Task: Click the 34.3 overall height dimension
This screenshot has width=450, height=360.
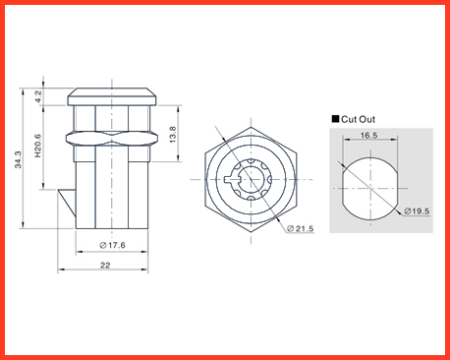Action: click(18, 159)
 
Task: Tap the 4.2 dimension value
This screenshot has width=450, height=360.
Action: click(38, 96)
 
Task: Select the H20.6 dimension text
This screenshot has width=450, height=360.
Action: click(38, 146)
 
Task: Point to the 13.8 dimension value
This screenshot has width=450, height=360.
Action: click(173, 135)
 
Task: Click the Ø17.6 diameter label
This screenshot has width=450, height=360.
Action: click(112, 245)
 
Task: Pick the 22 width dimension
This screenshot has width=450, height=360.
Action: click(105, 266)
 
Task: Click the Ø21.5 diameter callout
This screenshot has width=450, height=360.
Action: click(301, 228)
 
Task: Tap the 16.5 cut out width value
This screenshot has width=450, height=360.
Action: click(368, 136)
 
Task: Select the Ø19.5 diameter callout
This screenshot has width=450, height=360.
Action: click(417, 211)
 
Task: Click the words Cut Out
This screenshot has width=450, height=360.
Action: click(358, 119)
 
